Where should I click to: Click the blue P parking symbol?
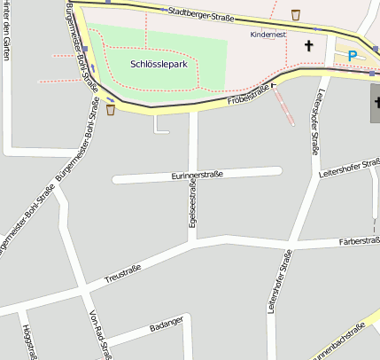(x=352, y=56)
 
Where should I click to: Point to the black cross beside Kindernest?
(x=309, y=44)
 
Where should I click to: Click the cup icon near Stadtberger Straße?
(x=295, y=14)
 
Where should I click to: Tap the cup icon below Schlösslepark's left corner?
(x=111, y=110)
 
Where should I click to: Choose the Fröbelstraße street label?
(x=252, y=95)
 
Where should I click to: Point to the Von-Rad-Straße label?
(x=101, y=334)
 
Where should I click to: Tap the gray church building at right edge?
(x=375, y=104)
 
